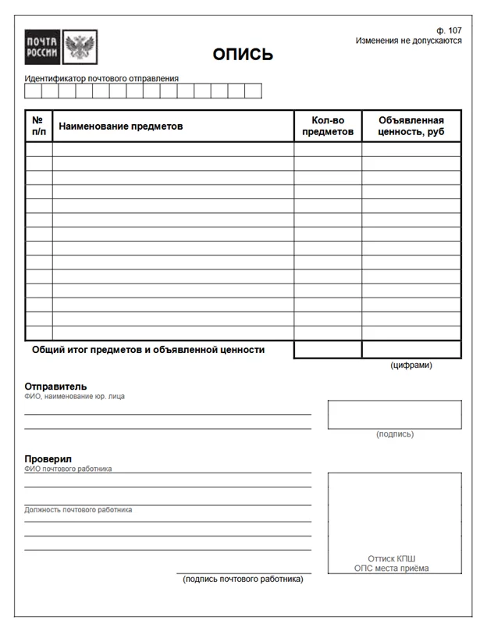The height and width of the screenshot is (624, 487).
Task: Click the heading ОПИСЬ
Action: tap(243, 55)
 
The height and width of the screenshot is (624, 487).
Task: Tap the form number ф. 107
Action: tap(450, 30)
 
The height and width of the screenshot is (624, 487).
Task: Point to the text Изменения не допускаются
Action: tap(408, 41)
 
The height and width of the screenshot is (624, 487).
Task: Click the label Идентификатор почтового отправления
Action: tap(101, 78)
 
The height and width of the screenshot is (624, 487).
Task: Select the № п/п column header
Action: tap(39, 126)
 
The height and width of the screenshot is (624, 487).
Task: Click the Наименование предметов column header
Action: tap(121, 126)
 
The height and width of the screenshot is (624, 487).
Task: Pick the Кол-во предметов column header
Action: tap(328, 126)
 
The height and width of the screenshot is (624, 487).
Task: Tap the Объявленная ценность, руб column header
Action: tap(411, 126)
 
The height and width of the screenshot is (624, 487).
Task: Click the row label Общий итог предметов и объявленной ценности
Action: tap(148, 350)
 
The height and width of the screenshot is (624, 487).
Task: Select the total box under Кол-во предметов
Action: tap(328, 350)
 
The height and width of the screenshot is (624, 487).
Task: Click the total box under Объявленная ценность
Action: tap(411, 350)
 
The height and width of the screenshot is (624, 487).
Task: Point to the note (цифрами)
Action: tap(411, 365)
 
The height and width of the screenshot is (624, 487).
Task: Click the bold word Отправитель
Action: tap(55, 386)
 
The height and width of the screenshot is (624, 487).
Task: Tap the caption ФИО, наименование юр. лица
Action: tap(74, 396)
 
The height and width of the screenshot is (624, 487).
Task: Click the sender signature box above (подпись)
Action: tap(394, 414)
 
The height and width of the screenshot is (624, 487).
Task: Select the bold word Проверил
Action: tap(48, 458)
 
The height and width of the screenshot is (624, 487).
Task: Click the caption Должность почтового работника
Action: tap(78, 510)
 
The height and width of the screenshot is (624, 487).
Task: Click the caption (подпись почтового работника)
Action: tap(243, 579)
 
